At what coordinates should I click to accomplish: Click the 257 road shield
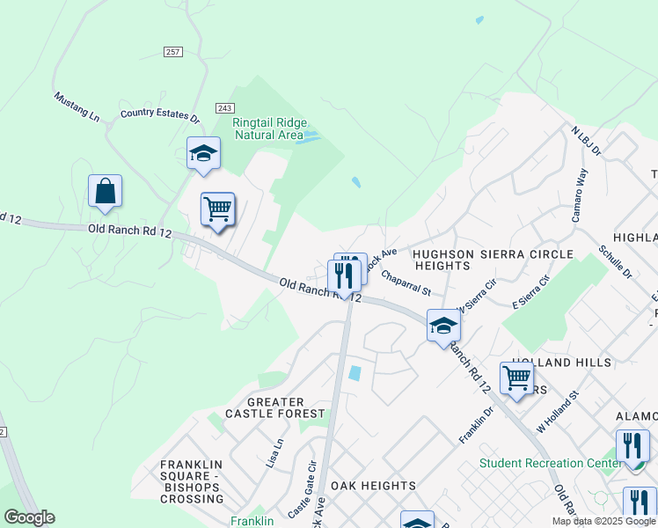[172, 53]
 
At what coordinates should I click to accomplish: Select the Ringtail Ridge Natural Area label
[267, 128]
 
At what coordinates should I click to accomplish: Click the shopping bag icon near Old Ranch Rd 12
[105, 191]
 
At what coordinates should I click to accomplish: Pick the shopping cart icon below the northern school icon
[217, 209]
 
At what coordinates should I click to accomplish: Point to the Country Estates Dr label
[160, 114]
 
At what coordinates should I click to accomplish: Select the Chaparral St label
[406, 283]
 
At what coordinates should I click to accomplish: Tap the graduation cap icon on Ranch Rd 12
[443, 326]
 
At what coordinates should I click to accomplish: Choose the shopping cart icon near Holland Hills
[516, 378]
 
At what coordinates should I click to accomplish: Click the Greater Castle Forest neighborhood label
[264, 407]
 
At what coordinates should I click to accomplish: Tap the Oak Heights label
[373, 486]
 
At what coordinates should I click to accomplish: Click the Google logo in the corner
[29, 517]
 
